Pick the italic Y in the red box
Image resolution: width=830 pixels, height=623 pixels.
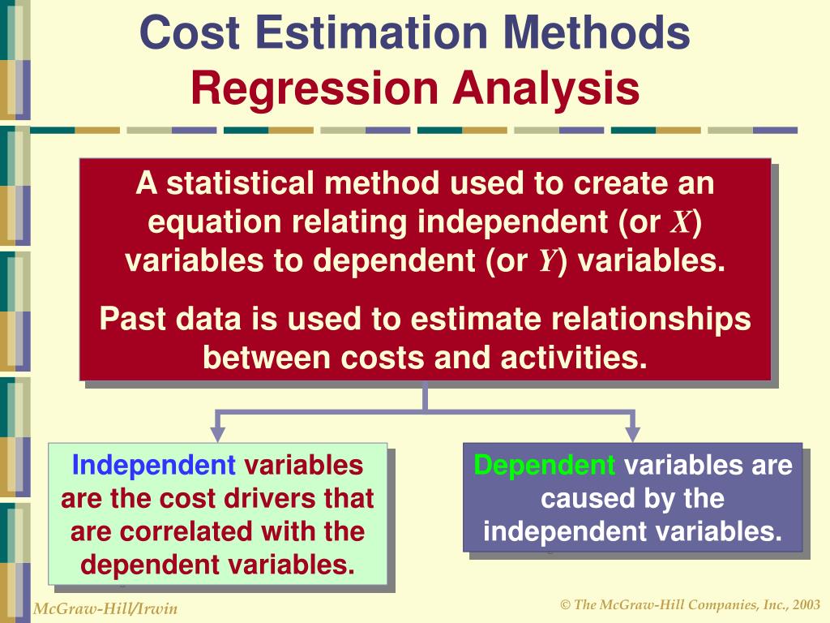point(546,262)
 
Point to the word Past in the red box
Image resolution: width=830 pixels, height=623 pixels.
point(129,319)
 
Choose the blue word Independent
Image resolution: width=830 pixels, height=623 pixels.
point(154,466)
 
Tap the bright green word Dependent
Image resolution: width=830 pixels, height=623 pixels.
point(545,466)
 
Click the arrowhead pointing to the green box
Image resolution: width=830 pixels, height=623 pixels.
point(218,433)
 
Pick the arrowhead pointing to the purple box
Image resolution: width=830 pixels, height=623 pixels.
point(633,433)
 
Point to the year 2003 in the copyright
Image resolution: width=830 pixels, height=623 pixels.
point(805,605)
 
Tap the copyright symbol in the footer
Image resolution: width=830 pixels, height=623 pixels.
point(565,605)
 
